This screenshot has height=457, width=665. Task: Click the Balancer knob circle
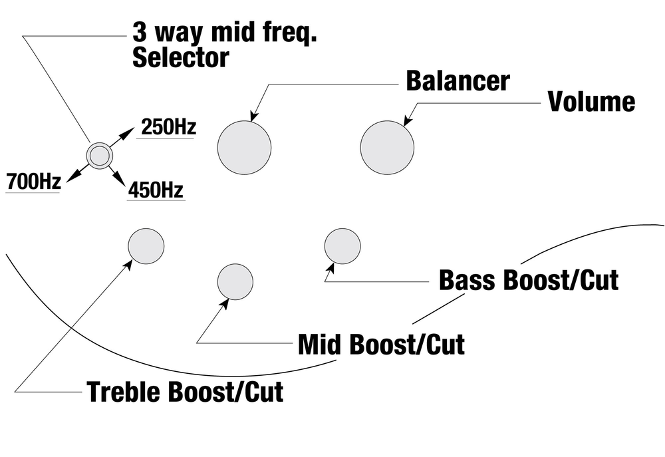click(x=244, y=148)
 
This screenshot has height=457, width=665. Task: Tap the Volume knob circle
click(x=387, y=147)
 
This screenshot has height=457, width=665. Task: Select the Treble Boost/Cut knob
click(x=146, y=245)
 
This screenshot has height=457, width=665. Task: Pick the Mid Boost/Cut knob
click(x=235, y=281)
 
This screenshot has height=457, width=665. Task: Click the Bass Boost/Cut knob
click(x=342, y=245)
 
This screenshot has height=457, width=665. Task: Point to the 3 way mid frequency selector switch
click(x=100, y=156)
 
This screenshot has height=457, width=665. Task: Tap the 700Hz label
click(x=33, y=180)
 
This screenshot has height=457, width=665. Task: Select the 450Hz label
click(x=156, y=190)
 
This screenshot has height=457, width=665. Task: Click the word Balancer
click(x=458, y=80)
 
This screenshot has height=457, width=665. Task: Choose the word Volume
click(x=591, y=102)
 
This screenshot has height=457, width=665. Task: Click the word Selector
click(x=180, y=58)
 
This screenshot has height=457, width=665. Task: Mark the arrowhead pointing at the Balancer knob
click(x=253, y=116)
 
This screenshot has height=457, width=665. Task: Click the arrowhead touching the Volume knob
click(x=408, y=120)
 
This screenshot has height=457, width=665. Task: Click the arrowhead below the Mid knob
click(x=225, y=305)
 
